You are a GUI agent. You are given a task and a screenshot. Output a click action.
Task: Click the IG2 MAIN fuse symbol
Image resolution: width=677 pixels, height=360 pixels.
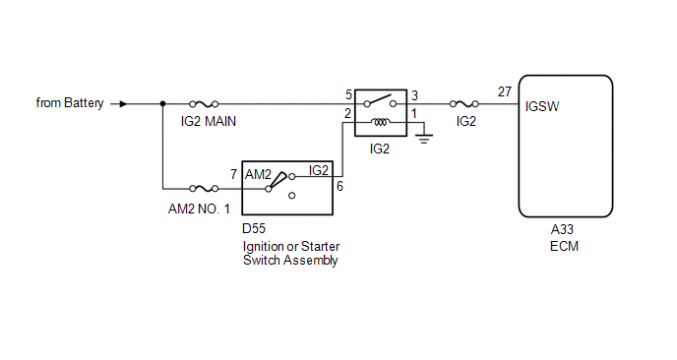point(204,104)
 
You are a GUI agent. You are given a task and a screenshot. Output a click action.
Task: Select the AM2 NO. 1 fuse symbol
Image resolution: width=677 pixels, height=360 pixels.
point(204,189)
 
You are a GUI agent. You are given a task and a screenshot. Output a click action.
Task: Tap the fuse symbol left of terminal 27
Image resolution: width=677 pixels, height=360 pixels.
point(464,104)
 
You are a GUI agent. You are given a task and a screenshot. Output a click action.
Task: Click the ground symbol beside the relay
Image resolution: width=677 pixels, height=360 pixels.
point(424,138)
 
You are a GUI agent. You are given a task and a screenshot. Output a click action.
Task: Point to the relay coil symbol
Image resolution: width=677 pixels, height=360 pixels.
point(381,123)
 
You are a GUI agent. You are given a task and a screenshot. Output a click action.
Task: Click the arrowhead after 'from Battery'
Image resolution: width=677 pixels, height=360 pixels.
point(123,104)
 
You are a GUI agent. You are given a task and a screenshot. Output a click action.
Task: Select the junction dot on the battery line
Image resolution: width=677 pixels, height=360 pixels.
point(162,104)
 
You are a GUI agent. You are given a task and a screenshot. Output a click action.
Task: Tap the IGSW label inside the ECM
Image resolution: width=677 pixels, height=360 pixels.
point(542,106)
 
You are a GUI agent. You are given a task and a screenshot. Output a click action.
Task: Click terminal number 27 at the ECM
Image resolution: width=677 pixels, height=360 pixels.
point(504,91)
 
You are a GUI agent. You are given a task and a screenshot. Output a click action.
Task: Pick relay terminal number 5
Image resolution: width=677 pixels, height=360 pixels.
point(349,95)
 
